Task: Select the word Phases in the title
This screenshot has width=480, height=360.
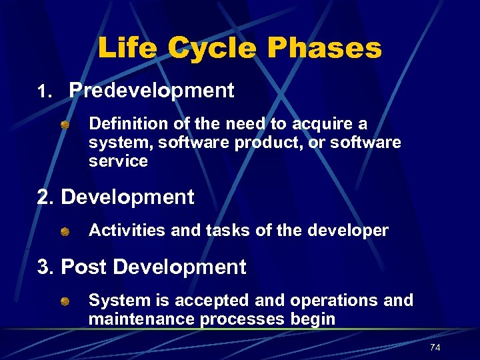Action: click(325, 49)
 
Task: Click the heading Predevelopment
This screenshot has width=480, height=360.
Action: click(151, 91)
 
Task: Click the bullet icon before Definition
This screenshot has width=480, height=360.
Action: click(64, 124)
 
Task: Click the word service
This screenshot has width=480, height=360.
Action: click(118, 161)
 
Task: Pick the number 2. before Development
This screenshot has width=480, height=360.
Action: click(46, 197)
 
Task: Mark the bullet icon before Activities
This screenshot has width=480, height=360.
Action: click(64, 231)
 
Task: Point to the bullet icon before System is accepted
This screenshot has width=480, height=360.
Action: click(64, 301)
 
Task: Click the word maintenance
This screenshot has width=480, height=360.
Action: click(141, 319)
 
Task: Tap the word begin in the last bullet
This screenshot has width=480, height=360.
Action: click(313, 319)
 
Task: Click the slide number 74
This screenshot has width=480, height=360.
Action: click(435, 347)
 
